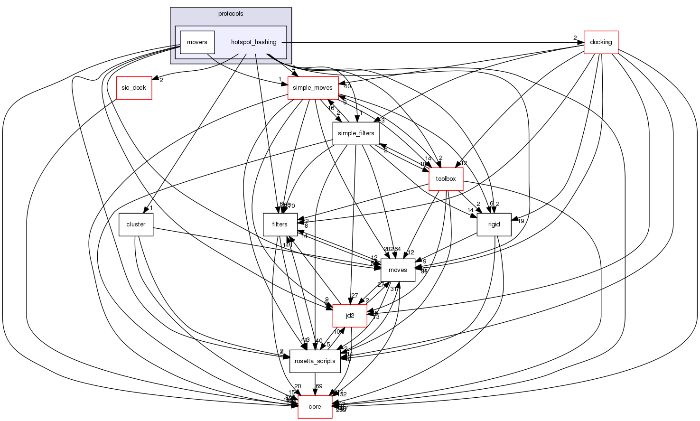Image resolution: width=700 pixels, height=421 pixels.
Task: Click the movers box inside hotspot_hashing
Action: (x=197, y=42)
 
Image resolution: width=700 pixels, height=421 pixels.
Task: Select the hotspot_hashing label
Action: (x=253, y=42)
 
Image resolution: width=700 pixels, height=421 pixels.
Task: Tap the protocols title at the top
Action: (x=231, y=14)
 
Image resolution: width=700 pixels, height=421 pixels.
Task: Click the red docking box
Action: (x=600, y=42)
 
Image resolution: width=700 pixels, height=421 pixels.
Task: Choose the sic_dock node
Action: (x=134, y=88)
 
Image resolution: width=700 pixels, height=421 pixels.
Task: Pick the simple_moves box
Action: (x=313, y=88)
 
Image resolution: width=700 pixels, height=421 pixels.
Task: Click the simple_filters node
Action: (x=356, y=133)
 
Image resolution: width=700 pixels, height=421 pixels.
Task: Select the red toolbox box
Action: (x=446, y=179)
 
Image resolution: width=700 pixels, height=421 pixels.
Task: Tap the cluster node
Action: (x=136, y=225)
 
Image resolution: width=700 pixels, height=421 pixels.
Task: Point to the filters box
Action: (x=280, y=225)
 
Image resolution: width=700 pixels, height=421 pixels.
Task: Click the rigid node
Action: (x=494, y=225)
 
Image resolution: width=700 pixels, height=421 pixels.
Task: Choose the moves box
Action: (x=398, y=270)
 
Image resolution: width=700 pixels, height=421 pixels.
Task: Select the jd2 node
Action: (x=350, y=316)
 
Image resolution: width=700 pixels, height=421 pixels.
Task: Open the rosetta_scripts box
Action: (x=315, y=361)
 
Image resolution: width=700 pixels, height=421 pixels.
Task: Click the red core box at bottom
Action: (x=315, y=407)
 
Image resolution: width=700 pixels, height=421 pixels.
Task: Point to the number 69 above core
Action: (x=319, y=386)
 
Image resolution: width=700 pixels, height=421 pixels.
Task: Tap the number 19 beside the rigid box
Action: (x=521, y=221)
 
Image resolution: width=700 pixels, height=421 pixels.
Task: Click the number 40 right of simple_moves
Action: (x=347, y=86)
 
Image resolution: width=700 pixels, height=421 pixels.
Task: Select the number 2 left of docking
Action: (x=575, y=38)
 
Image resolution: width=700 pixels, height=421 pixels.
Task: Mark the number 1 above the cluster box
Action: (x=151, y=208)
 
